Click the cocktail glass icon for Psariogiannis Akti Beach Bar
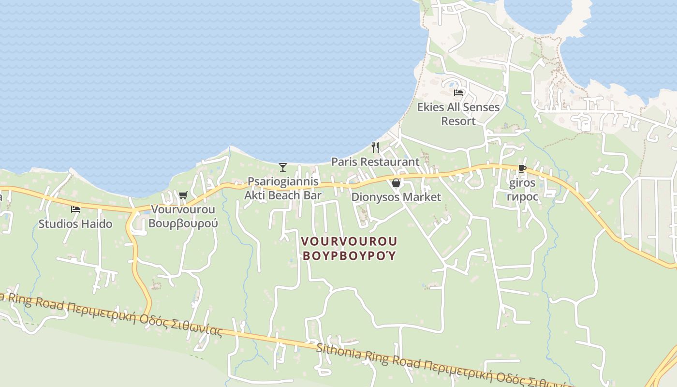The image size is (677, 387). coord(283,167)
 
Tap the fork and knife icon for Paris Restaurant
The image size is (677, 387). coord(375,147)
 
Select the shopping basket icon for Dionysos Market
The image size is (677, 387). coord(396,183)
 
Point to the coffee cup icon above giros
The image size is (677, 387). coord(522,169)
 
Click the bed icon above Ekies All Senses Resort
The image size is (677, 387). coord(458,92)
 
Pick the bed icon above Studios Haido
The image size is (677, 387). coord(75,209)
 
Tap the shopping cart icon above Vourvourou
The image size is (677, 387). coord(183,195)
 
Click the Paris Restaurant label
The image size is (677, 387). coord(375,162)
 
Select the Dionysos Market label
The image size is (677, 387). coord(396,197)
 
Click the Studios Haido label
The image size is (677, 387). coord(75,224)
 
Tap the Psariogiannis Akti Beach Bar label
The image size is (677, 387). coord(283,188)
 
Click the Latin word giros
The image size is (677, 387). coord(522,183)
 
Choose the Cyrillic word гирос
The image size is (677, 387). coord(522,196)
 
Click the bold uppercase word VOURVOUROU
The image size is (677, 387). coord(349,241)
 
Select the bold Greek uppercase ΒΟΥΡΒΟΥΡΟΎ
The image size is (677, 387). coord(349,255)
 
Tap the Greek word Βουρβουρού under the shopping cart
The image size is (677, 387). coord(183,223)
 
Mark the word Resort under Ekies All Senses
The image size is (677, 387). coord(458,121)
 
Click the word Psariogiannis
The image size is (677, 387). coord(283,181)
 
